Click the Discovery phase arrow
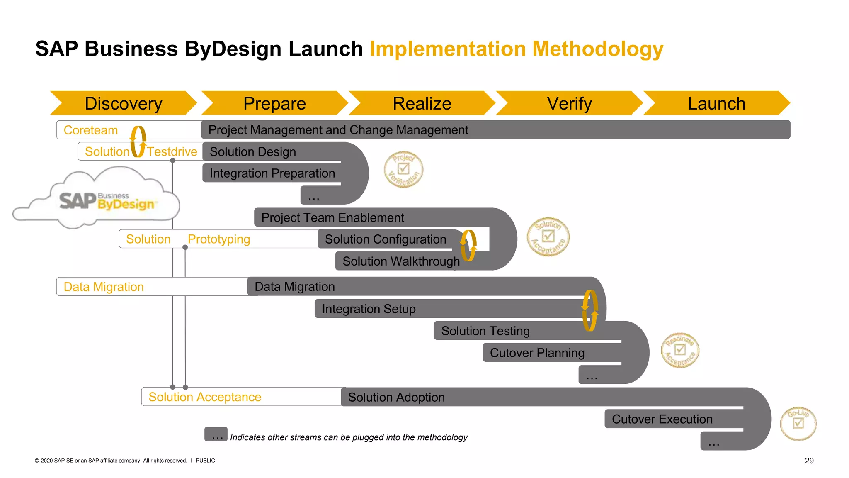(x=123, y=103)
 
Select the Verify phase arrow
(x=569, y=103)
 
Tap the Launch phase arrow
(x=716, y=103)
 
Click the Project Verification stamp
(x=403, y=169)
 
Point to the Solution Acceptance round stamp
(x=548, y=237)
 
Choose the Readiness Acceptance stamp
(x=680, y=350)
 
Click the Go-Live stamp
(x=798, y=423)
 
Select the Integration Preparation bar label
(x=272, y=173)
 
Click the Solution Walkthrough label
(x=401, y=261)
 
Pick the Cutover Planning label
(x=537, y=353)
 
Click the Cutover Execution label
(x=662, y=419)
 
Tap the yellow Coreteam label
(x=91, y=130)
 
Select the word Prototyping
(x=219, y=239)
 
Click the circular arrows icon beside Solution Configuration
(x=468, y=246)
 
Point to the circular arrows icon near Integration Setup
(x=590, y=310)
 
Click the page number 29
(x=809, y=461)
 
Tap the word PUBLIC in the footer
(x=205, y=461)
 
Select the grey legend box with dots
(x=216, y=434)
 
